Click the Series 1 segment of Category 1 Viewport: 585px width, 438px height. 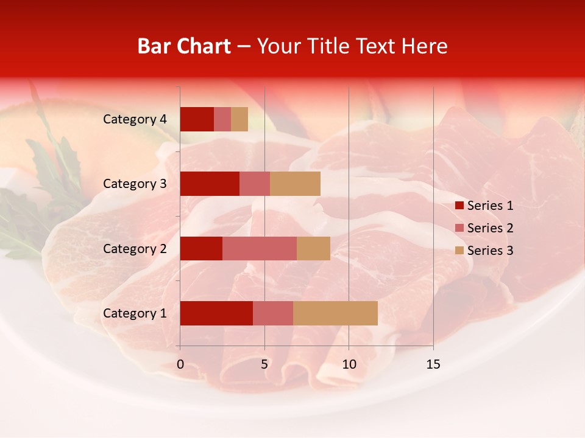tap(216, 313)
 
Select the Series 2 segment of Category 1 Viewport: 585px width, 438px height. tap(273, 313)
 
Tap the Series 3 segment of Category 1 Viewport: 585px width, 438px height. tap(335, 313)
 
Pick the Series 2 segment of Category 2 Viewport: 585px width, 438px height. tap(260, 248)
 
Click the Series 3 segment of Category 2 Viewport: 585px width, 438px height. tap(313, 248)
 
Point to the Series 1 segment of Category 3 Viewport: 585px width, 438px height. tap(210, 184)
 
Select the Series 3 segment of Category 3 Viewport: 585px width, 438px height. tap(295, 184)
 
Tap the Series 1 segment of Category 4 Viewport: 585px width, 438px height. tap(197, 119)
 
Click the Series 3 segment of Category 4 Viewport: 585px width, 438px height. tap(239, 119)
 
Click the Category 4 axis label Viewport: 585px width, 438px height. tap(135, 119)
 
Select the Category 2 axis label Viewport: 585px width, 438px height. tap(135, 248)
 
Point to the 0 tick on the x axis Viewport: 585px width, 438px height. tap(180, 364)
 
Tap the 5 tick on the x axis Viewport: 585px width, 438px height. tap(264, 364)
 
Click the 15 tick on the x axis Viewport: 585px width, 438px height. tap(433, 364)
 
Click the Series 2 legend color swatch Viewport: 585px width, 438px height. tap(459, 228)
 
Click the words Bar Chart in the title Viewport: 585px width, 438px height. tap(184, 46)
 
